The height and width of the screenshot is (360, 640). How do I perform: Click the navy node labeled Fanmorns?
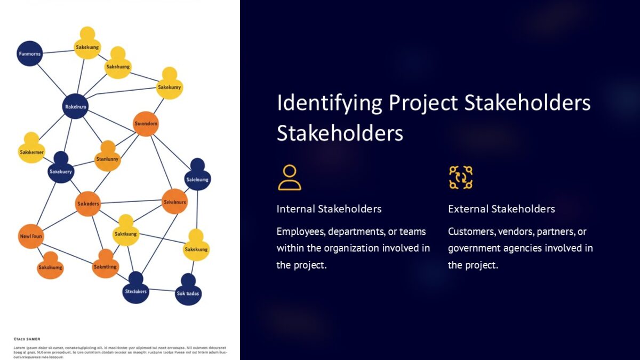pyautogui.click(x=29, y=53)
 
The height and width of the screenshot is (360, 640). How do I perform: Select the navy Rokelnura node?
pyautogui.click(x=75, y=107)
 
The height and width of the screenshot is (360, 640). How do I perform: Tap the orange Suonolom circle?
pyautogui.click(x=146, y=124)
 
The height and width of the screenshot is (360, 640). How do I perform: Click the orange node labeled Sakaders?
pyautogui.click(x=87, y=204)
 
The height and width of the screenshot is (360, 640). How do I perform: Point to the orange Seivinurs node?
pyautogui.click(x=174, y=202)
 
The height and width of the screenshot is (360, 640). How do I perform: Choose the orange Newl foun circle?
pyautogui.click(x=31, y=236)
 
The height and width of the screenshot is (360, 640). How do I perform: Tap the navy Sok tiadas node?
pyautogui.click(x=188, y=292)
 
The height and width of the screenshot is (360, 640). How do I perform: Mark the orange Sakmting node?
pyautogui.click(x=105, y=266)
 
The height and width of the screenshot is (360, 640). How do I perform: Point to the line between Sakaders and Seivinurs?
pyautogui.click(x=131, y=202)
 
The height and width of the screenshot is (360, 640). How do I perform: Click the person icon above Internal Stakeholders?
pyautogui.click(x=289, y=178)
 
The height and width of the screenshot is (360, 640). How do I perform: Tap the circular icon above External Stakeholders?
pyautogui.click(x=460, y=178)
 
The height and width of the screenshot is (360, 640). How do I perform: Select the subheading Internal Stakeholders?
pyautogui.click(x=329, y=209)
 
